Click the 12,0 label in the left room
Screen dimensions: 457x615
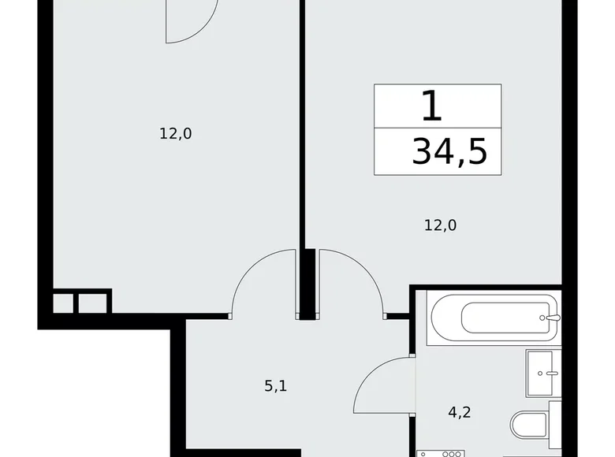tap(176, 134)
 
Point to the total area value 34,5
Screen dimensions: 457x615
tap(449, 150)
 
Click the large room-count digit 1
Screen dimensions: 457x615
tap(430, 106)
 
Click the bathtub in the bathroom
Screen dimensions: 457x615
tap(493, 319)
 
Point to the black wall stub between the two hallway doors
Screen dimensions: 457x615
tap(307, 284)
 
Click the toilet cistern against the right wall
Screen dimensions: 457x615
tap(553, 426)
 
